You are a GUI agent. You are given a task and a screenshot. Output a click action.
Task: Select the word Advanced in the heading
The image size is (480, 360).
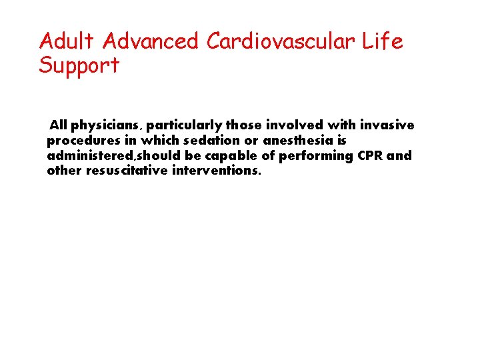point(151,41)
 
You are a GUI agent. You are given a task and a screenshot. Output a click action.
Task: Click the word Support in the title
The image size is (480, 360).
point(79,66)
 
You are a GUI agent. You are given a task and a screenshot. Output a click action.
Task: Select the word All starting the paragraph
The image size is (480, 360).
point(58,125)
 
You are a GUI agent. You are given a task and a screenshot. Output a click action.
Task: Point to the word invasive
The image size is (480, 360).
point(387,125)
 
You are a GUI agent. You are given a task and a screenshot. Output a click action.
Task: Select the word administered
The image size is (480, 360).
point(85,155)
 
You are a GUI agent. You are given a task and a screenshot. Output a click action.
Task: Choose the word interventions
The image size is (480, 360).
point(216,171)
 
